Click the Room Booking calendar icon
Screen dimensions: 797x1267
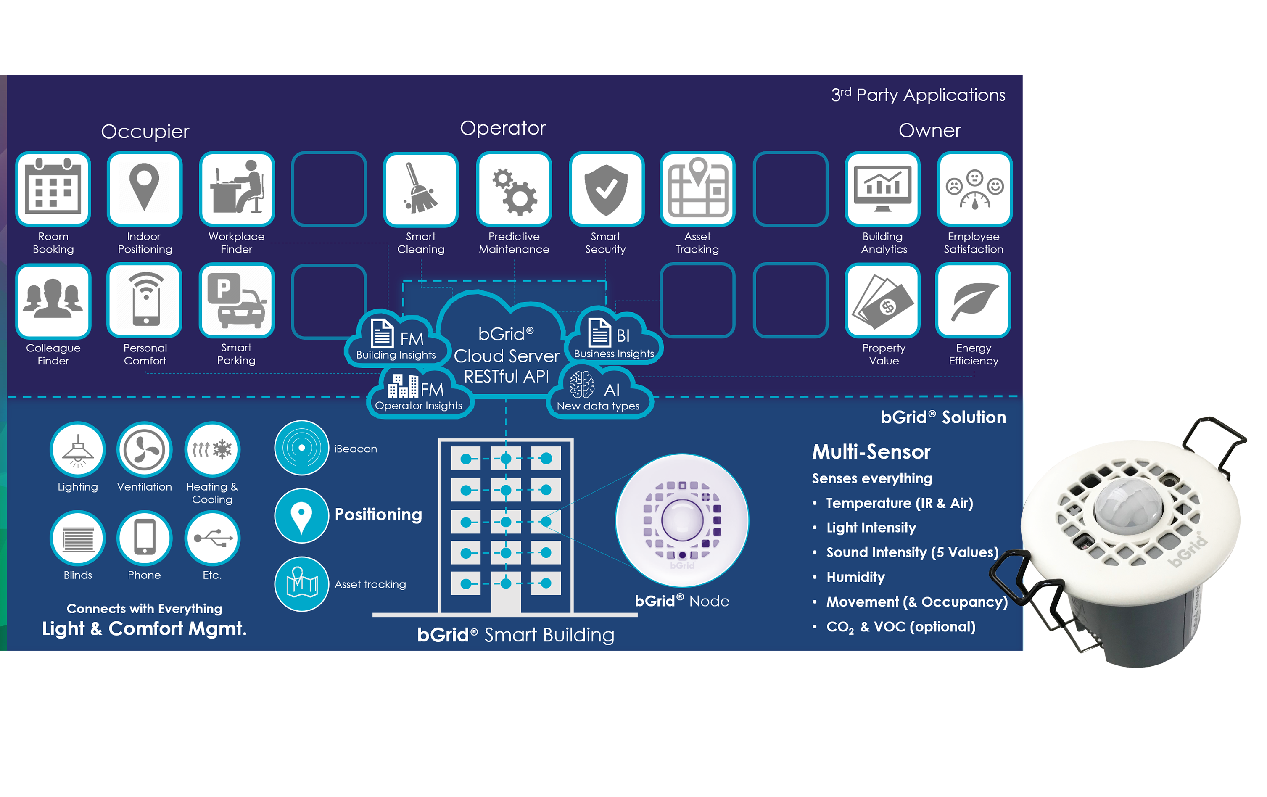pos(53,189)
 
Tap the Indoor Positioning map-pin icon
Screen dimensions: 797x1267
pos(145,189)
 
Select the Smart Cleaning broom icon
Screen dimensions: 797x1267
pos(420,189)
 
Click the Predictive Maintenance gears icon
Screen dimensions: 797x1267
pos(514,189)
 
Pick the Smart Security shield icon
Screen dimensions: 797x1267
pos(606,189)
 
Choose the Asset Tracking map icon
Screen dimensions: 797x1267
pos(698,189)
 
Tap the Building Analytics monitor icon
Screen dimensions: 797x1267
pos(882,189)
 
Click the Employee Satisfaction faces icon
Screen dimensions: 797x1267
pos(974,189)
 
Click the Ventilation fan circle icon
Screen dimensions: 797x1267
pos(144,450)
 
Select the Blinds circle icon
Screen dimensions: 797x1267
pos(78,538)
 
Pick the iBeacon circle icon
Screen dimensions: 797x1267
pos(301,448)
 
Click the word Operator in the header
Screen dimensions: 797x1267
pos(502,128)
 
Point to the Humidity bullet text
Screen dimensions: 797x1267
pos(855,577)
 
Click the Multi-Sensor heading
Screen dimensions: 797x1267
pos(871,452)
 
